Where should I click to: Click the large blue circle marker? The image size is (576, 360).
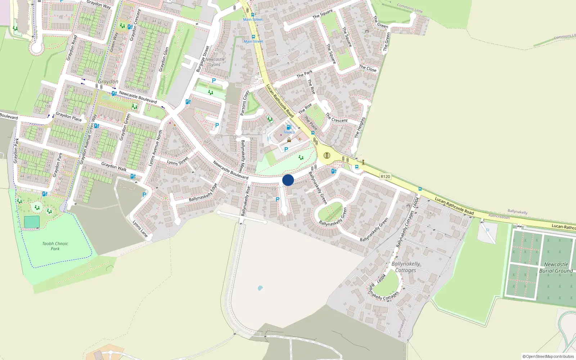288,180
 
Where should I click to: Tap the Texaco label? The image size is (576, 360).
289,132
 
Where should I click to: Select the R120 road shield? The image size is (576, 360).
385,176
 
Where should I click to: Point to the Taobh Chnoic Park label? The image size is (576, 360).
55,246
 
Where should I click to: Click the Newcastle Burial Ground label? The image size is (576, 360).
556,267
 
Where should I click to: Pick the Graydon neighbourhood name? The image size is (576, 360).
108,82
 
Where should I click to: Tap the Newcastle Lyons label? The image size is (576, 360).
215,62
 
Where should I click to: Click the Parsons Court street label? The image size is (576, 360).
245,103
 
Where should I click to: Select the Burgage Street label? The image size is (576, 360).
203,59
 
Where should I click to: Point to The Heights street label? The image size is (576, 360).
360,127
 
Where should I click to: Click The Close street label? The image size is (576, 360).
368,68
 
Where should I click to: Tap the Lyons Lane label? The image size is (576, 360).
140,229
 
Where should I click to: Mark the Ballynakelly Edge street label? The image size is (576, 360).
203,193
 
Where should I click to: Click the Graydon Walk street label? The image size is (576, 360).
114,166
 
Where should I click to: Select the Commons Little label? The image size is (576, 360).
410,8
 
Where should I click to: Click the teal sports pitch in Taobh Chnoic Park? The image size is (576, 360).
32,222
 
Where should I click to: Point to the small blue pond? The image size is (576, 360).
260,288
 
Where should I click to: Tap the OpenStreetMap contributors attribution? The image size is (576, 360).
548,356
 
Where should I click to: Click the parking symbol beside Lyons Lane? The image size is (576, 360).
144,195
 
